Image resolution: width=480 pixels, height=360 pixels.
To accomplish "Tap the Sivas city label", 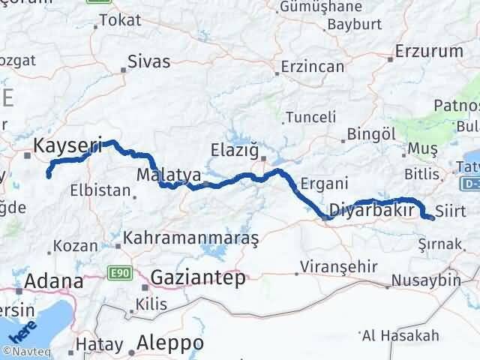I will tap(149, 61).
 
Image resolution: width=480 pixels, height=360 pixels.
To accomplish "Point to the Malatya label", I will tap(169, 175).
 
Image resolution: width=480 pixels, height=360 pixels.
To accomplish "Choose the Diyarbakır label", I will tap(372, 211).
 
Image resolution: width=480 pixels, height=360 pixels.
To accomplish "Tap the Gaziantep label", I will tap(198, 277).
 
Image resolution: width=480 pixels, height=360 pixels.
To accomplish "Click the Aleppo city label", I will tap(170, 342).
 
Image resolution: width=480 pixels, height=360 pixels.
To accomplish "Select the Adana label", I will tap(53, 281).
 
